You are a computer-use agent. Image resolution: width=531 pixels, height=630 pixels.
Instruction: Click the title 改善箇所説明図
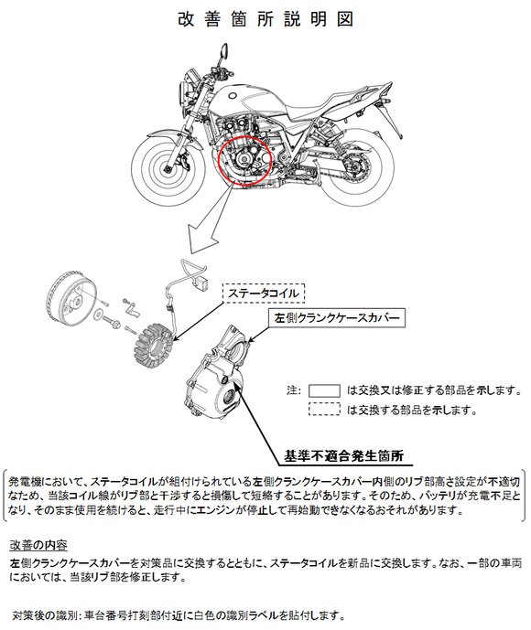[x=265, y=19]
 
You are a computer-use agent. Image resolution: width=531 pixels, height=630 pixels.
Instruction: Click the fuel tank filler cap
[x=233, y=96]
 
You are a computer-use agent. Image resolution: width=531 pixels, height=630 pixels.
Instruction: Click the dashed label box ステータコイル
[x=264, y=293]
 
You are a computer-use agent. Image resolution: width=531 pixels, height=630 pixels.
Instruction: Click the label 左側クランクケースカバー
[x=337, y=318]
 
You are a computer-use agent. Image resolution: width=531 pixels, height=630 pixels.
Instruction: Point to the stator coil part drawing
[x=153, y=347]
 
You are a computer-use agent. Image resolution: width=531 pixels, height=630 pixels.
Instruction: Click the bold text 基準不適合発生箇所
[x=344, y=455]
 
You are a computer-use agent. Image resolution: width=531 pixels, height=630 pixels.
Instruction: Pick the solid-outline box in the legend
[x=324, y=390]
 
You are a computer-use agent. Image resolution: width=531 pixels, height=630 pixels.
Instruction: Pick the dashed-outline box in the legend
[x=324, y=409]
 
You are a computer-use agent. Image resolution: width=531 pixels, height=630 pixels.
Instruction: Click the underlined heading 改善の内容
[x=38, y=545]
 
